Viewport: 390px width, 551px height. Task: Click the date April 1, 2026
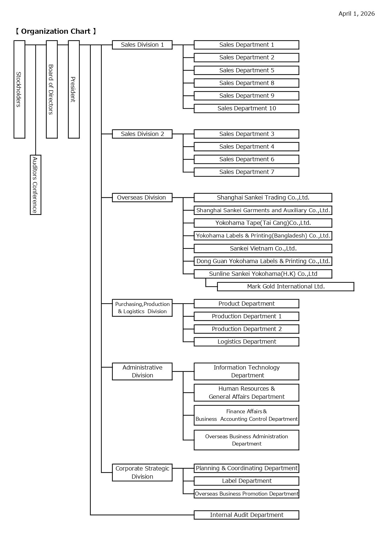pyautogui.click(x=356, y=14)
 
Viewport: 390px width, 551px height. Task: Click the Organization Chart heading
pyautogui.click(x=56, y=31)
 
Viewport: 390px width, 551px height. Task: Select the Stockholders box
pyautogui.click(x=19, y=89)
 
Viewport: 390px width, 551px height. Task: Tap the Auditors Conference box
pyautogui.click(x=36, y=185)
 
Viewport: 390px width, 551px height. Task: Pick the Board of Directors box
pyautogui.click(x=52, y=89)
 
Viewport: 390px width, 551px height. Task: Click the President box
pyautogui.click(x=74, y=89)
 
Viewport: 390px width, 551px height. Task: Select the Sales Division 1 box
pyautogui.click(x=142, y=45)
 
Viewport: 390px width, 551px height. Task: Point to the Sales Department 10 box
pyautogui.click(x=246, y=109)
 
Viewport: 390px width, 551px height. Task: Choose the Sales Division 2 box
pyautogui.click(x=142, y=134)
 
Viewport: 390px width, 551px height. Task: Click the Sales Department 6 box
pyautogui.click(x=246, y=159)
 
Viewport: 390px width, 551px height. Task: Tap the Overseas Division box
pyautogui.click(x=142, y=198)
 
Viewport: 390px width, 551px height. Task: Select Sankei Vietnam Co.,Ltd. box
pyautogui.click(x=263, y=249)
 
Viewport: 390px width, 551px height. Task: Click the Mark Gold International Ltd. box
pyautogui.click(x=286, y=287)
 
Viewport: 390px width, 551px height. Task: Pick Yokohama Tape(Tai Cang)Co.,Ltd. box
pyautogui.click(x=263, y=223)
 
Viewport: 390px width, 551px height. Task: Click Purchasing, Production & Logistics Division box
pyautogui.click(x=142, y=308)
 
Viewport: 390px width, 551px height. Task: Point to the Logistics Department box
pyautogui.click(x=246, y=342)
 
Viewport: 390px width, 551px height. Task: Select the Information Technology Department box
pyautogui.click(x=246, y=371)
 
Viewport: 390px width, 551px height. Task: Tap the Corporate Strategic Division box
pyautogui.click(x=142, y=472)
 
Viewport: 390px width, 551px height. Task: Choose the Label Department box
pyautogui.click(x=246, y=481)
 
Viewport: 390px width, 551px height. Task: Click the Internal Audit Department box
pyautogui.click(x=246, y=515)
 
